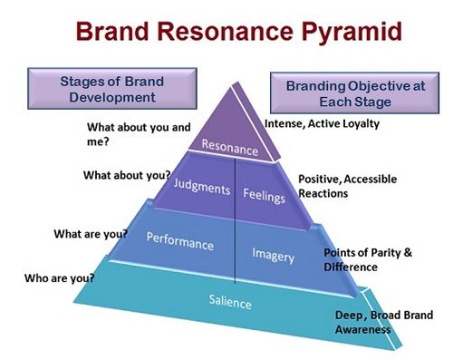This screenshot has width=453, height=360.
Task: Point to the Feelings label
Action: (x=264, y=195)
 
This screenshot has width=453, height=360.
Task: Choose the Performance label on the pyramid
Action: (x=180, y=244)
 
